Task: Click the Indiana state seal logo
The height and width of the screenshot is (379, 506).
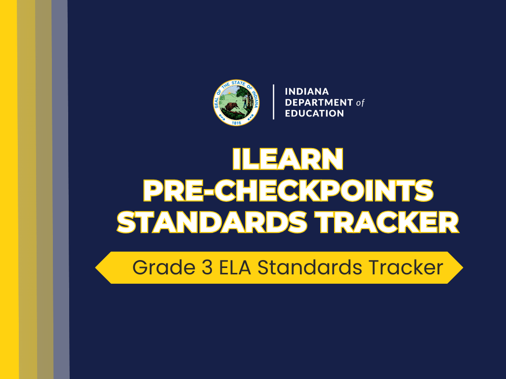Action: (236, 102)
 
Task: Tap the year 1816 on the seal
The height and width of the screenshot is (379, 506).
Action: (236, 121)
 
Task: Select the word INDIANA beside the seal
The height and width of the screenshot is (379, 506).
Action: (307, 92)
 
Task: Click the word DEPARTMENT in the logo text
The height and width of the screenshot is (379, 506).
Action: (319, 103)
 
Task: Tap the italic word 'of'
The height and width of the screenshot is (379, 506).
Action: (360, 103)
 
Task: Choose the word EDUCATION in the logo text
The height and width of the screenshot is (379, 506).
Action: (315, 114)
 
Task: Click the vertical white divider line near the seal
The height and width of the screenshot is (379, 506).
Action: (273, 102)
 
